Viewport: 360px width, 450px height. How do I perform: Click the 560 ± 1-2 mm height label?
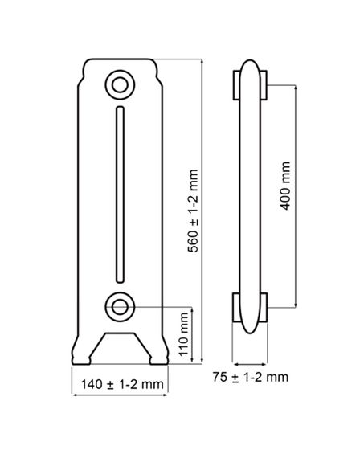click(x=193, y=211)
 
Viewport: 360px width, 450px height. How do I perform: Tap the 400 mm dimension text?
click(x=285, y=186)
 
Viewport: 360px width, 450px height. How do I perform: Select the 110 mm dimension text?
click(x=183, y=334)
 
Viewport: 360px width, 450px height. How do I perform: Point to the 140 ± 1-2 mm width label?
click(x=122, y=384)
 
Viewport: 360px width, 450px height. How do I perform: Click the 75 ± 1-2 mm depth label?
click(x=251, y=377)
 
